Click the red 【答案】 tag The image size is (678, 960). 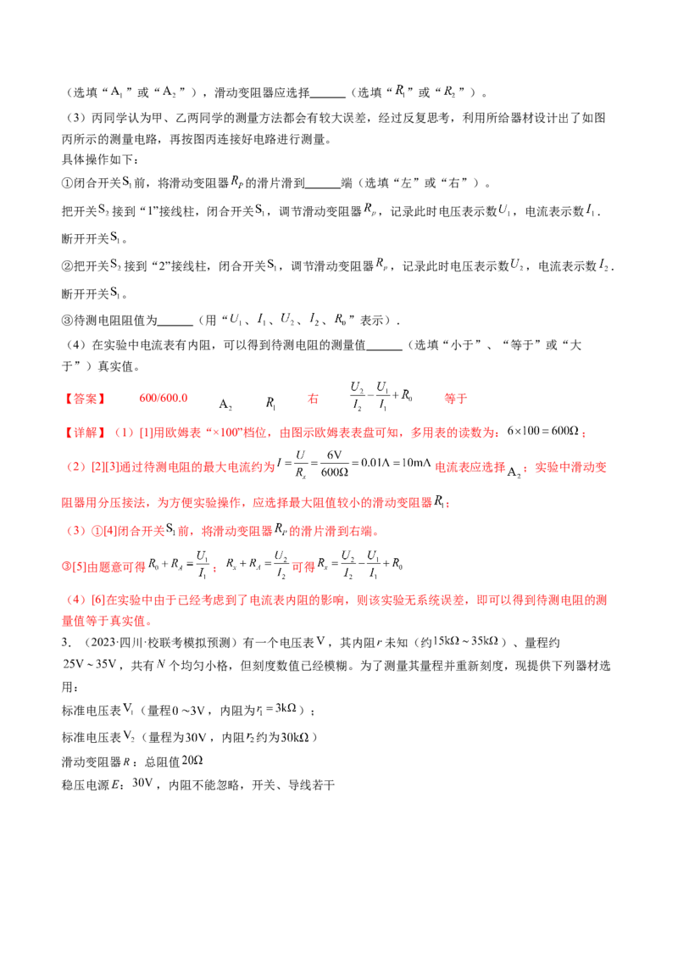click(85, 398)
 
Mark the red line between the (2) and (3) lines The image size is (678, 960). click(254, 502)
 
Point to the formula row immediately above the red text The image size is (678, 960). click(288, 320)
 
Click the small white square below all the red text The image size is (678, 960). click(206, 728)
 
